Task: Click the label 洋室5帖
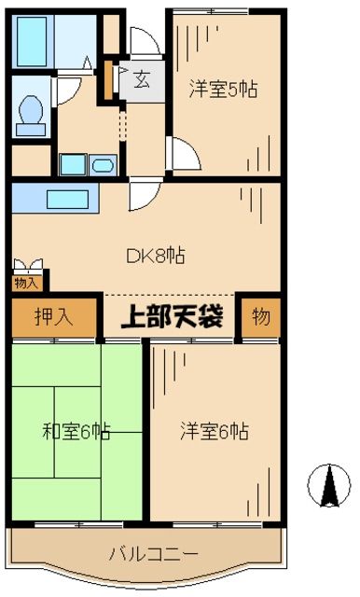pyautogui.click(x=224, y=90)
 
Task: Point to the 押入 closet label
pyautogui.click(x=53, y=317)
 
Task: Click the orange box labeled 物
pyautogui.click(x=260, y=317)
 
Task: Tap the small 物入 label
pyautogui.click(x=26, y=282)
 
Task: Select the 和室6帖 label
pyautogui.click(x=76, y=431)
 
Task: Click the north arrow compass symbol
pyautogui.click(x=328, y=485)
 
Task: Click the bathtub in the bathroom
pyautogui.click(x=43, y=37)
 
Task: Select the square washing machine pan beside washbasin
pyautogui.click(x=73, y=165)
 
